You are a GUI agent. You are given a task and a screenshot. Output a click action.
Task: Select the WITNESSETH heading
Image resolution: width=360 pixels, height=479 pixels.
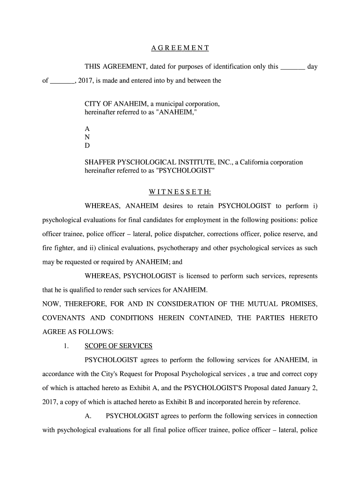pos(180,192)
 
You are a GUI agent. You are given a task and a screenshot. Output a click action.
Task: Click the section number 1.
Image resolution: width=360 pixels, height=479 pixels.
pos(66,346)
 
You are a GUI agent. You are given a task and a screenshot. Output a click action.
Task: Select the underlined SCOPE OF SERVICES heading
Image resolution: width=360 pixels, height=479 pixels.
pos(118,346)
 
